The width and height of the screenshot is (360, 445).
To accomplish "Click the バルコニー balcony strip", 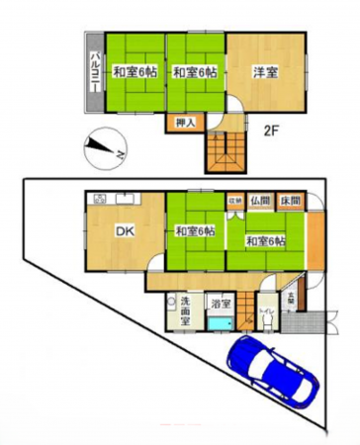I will coord(93,70).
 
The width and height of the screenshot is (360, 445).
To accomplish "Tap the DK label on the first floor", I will coord(125,232).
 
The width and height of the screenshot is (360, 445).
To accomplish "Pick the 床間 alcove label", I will coord(288,199).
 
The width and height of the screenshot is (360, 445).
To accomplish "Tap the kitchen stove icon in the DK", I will coord(100,199).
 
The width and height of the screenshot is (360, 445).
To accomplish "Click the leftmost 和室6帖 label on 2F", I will coord(134,72).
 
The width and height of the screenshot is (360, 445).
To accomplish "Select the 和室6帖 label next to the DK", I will coord(195,231).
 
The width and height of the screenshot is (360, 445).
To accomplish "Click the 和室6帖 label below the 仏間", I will coord(266,241).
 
